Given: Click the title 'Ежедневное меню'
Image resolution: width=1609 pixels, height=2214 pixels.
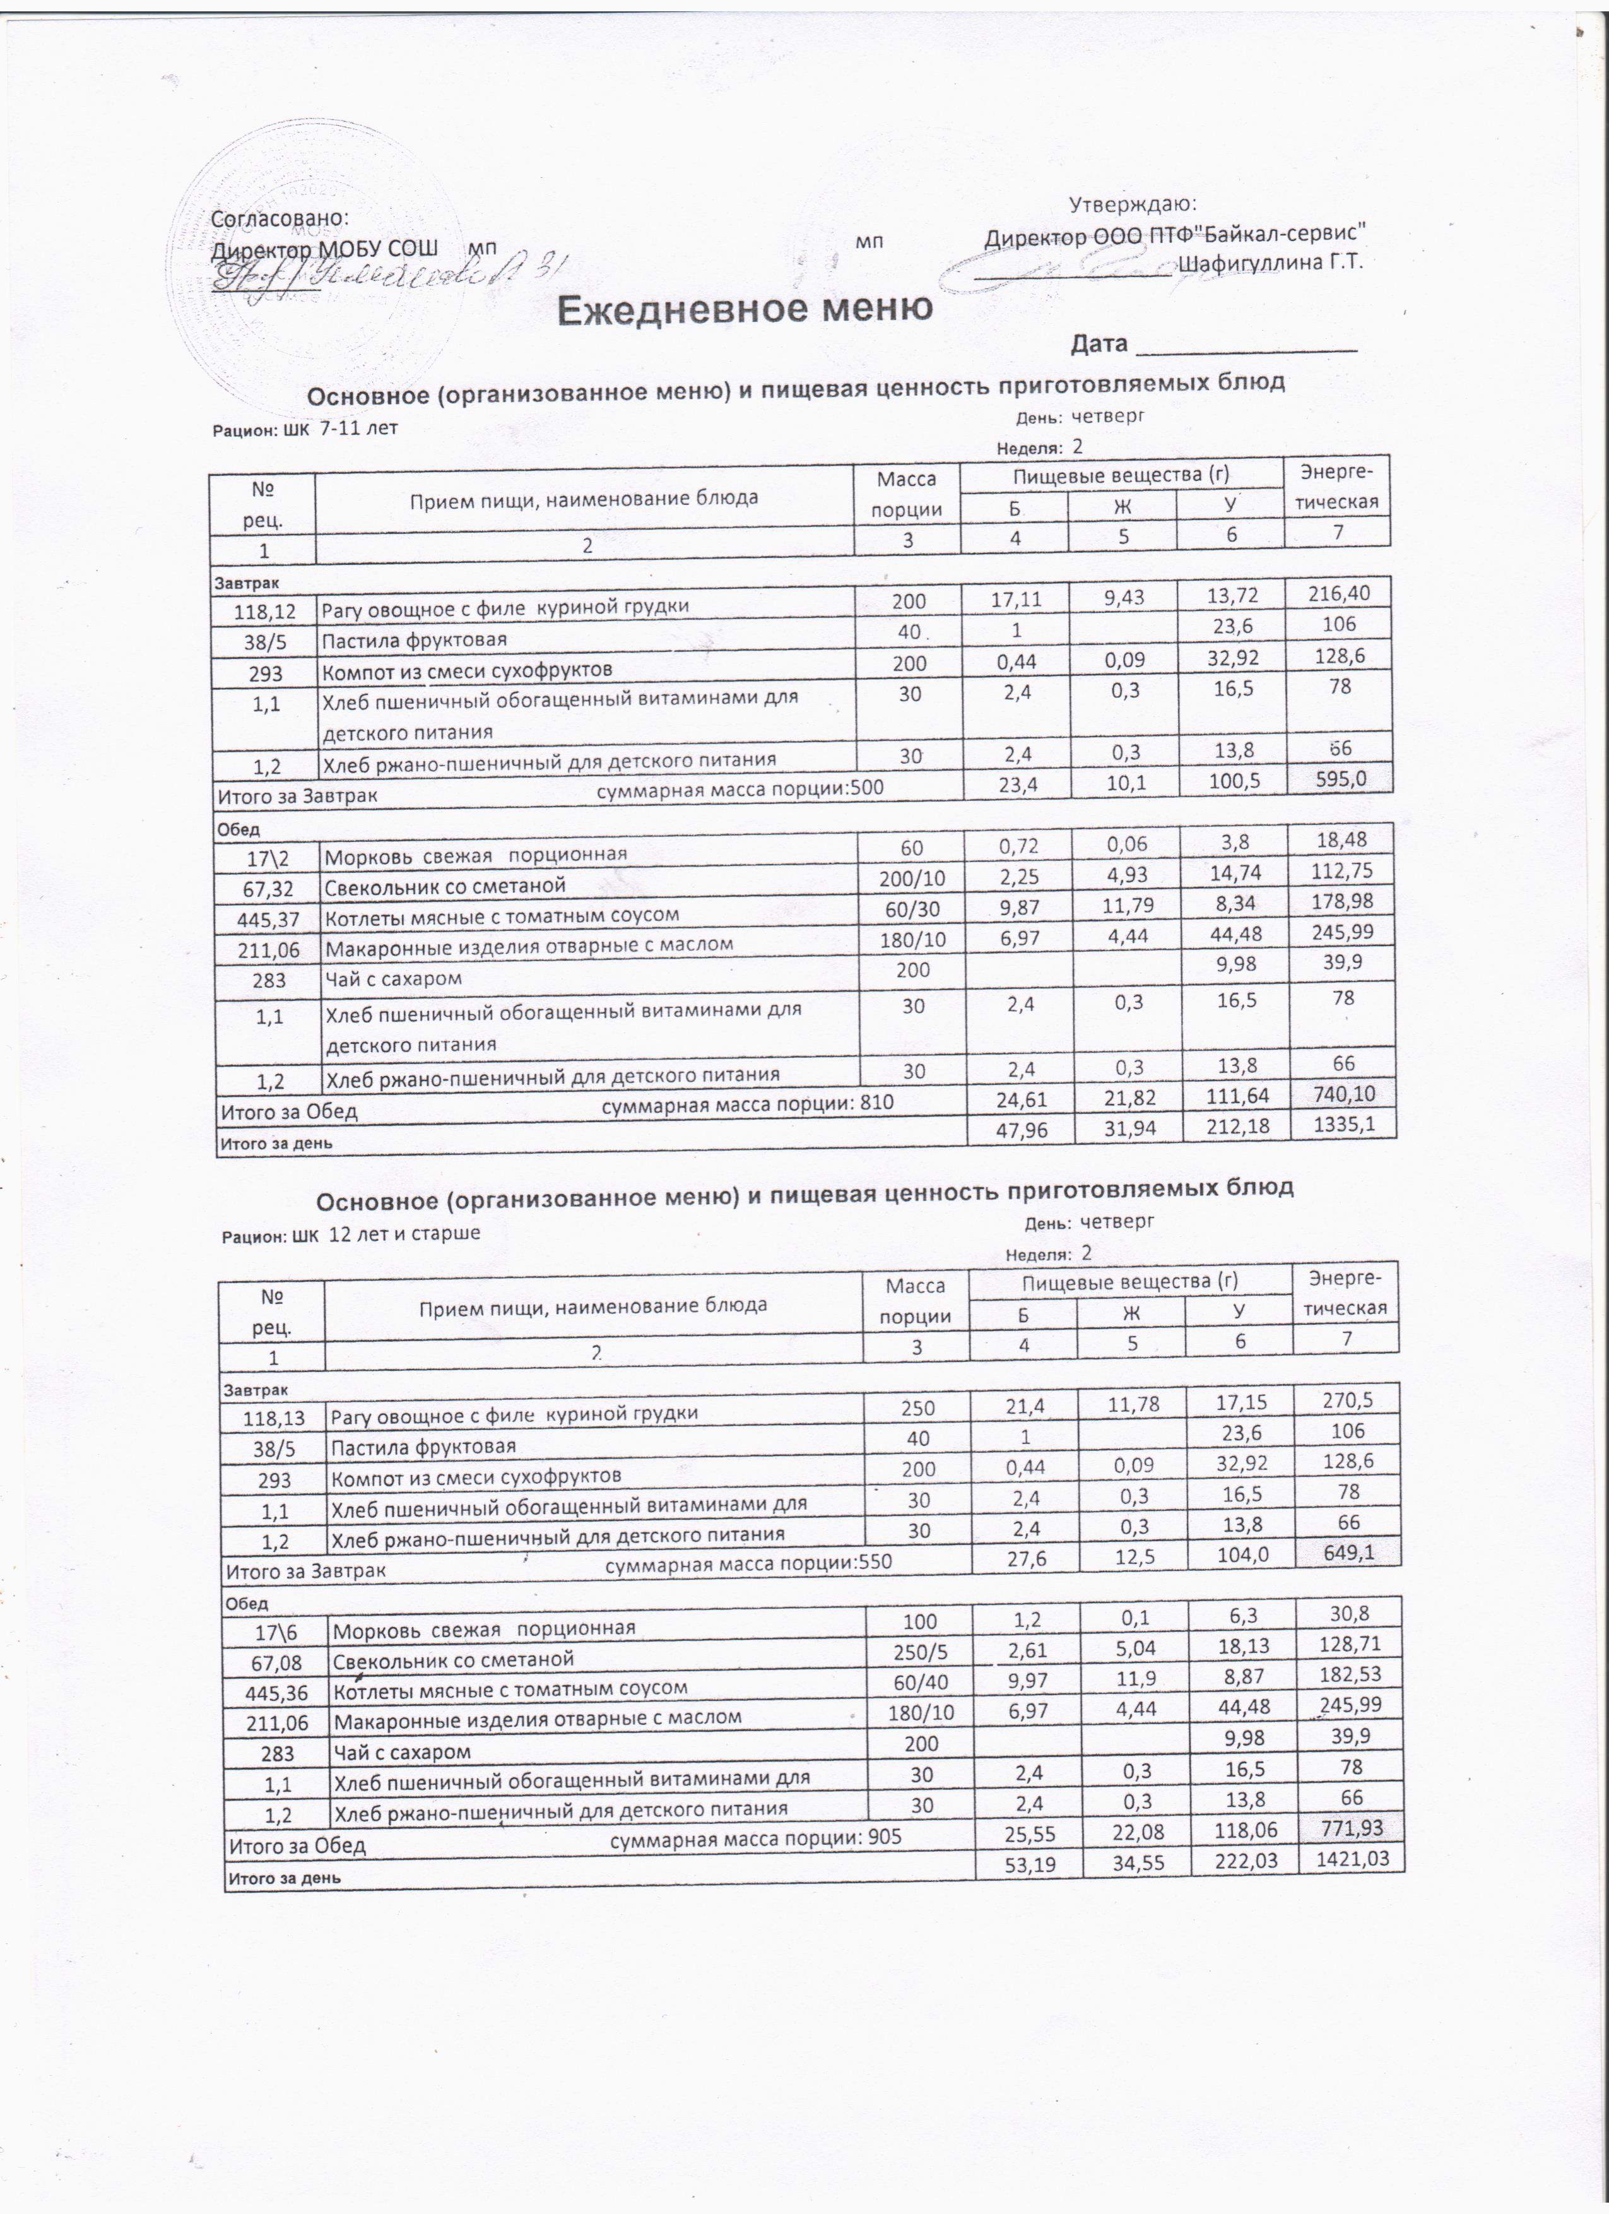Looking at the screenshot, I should pyautogui.click(x=745, y=309).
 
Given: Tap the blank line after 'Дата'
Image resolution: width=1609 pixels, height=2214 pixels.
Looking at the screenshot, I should pyautogui.click(x=1248, y=346).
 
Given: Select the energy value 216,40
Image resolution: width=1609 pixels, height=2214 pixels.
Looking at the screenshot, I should pyautogui.click(x=1340, y=593).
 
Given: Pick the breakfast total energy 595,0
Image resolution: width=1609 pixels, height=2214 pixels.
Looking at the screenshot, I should pyautogui.click(x=1340, y=778).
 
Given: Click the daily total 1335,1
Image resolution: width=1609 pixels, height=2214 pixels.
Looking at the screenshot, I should pyautogui.click(x=1343, y=1125).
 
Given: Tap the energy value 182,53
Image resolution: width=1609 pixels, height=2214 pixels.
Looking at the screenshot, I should pyautogui.click(x=1350, y=1674).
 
